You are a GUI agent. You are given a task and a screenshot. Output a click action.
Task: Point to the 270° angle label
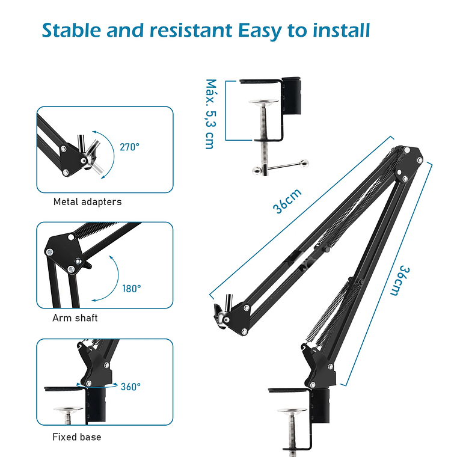pyautogui.click(x=129, y=146)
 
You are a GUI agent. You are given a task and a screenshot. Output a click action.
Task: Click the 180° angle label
pyautogui.click(x=132, y=288)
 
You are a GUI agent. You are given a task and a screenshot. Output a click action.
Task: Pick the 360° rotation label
pyautogui.click(x=130, y=387)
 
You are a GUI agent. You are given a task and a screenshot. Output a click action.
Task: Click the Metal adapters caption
pyautogui.click(x=87, y=201)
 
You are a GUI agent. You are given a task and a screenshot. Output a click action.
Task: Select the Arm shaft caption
pyautogui.click(x=75, y=317)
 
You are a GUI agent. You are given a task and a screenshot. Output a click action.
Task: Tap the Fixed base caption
pyautogui.click(x=76, y=437)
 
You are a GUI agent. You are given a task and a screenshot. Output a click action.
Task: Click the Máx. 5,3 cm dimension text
pyautogui.click(x=210, y=114)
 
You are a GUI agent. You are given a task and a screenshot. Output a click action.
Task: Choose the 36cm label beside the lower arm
pyautogui.click(x=396, y=280)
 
